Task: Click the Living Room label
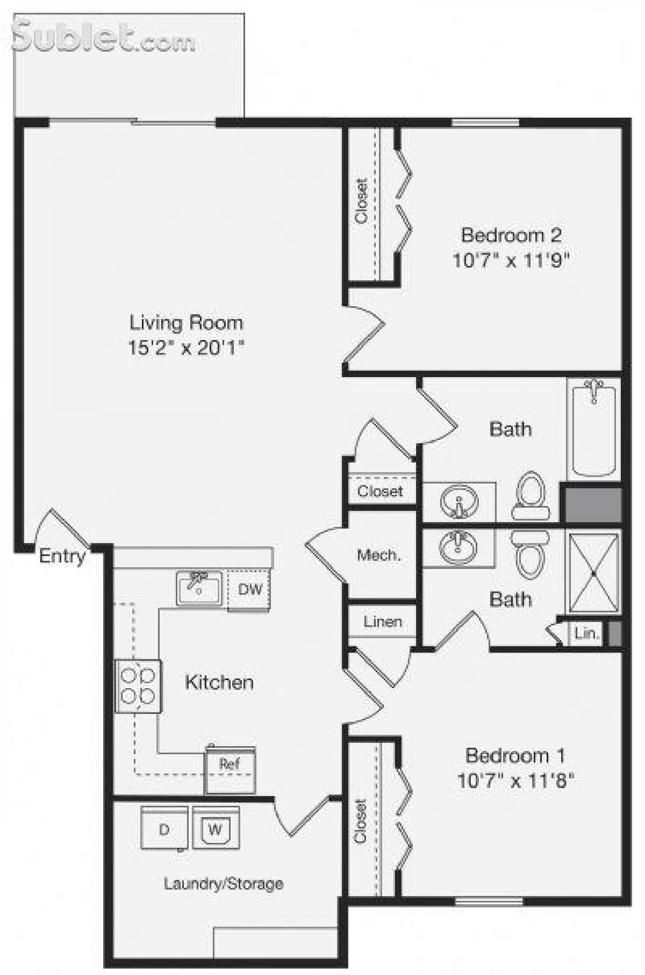click(186, 323)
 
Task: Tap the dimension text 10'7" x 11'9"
click(510, 261)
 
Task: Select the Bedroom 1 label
click(515, 755)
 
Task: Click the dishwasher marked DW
click(249, 590)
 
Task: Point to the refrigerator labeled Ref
click(230, 769)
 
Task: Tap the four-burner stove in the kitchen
click(138, 686)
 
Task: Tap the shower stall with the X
click(593, 573)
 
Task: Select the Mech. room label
click(379, 555)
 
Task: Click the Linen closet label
click(382, 622)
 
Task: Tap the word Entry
click(62, 556)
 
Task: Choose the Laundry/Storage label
click(223, 884)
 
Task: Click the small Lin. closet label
click(586, 633)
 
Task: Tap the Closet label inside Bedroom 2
click(361, 201)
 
